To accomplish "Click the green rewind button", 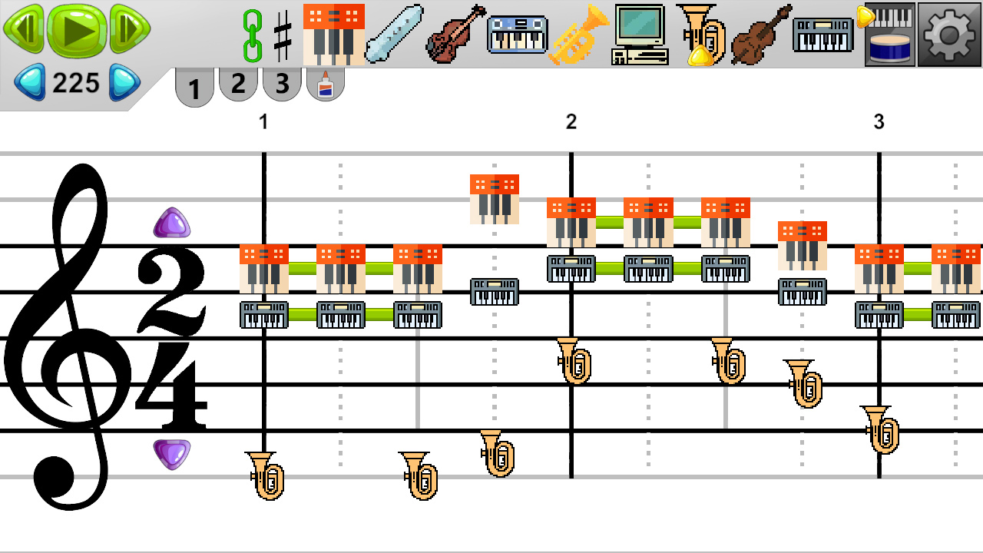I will (23, 28).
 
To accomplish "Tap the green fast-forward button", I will (129, 28).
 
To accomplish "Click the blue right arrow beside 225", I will (124, 82).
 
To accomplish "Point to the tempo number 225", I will (76, 83).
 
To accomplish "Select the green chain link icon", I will (252, 35).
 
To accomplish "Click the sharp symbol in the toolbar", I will (283, 35).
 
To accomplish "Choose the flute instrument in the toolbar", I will (394, 34).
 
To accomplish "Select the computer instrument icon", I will (640, 35).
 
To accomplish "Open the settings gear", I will (949, 35).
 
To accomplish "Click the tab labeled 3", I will (282, 84).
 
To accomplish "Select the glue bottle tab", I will (326, 84).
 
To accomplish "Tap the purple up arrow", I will (171, 223).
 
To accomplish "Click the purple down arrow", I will (171, 453).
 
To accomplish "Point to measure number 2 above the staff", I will (571, 121).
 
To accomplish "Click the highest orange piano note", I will (494, 199).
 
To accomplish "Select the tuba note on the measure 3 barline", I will (880, 430).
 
